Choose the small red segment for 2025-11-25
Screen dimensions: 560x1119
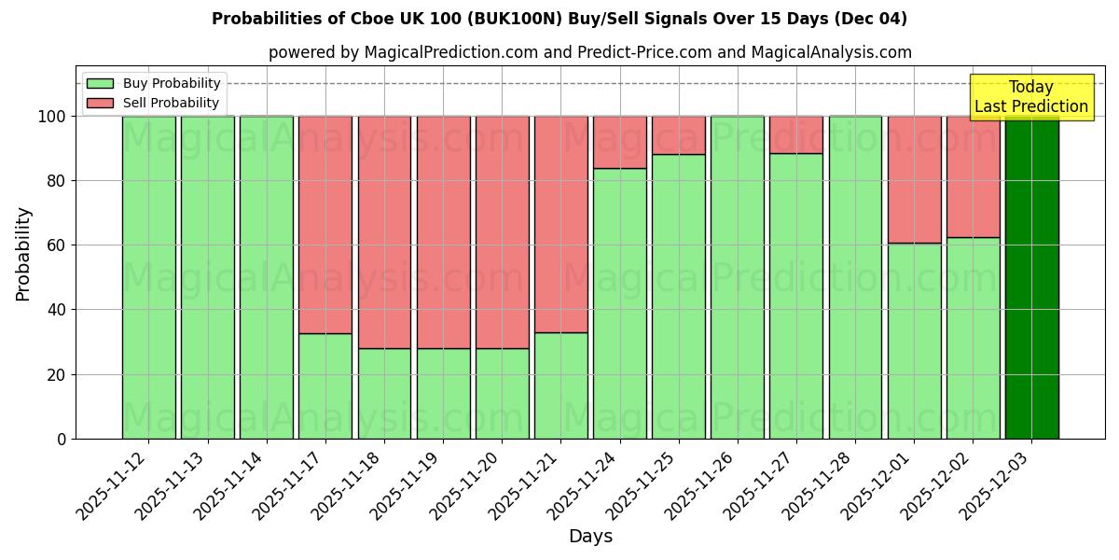[x=679, y=134]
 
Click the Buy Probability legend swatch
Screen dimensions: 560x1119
[x=100, y=83]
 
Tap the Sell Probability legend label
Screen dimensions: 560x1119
[x=171, y=103]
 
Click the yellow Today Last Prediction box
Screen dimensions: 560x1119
[x=1030, y=97]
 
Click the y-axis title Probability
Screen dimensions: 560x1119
[x=23, y=253]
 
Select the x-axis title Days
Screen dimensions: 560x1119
[x=590, y=537]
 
